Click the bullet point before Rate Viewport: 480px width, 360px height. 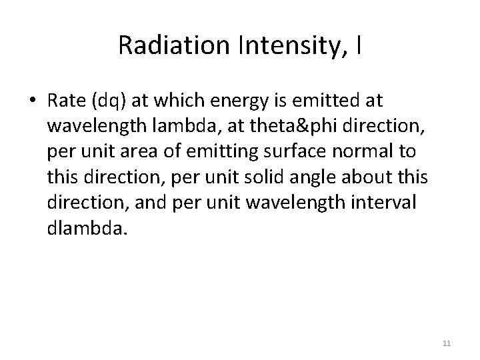33,101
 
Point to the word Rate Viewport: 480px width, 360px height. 64,101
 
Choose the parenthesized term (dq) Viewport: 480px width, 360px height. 108,101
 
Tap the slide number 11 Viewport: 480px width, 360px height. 447,343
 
